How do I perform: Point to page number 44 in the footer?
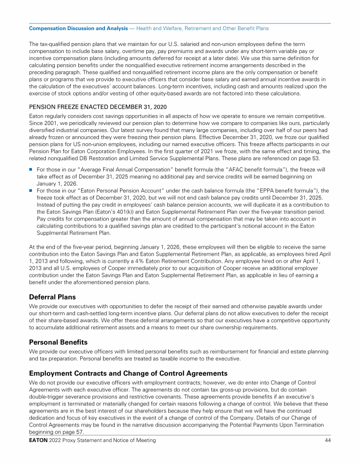coord(327,441)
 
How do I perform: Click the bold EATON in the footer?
coord(39,441)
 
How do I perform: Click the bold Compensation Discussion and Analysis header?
coord(78,29)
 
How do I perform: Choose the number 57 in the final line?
coord(69,432)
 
